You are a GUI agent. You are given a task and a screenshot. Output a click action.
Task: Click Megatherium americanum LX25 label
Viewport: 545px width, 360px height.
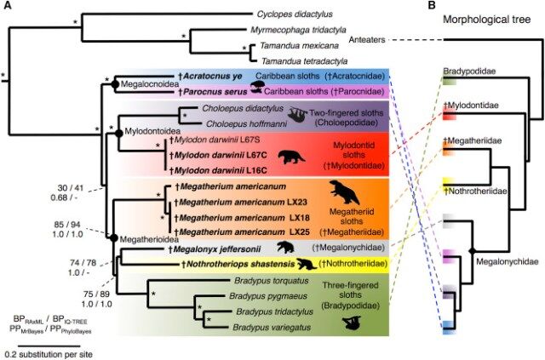[233, 231]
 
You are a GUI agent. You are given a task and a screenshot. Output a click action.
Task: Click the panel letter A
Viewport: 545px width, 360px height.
[9, 6]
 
